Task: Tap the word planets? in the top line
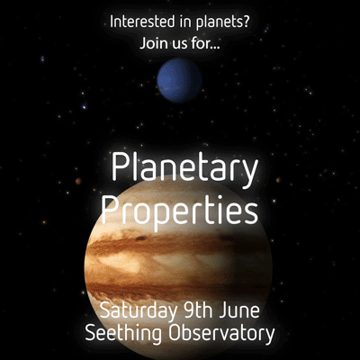[x=222, y=23]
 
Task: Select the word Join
[x=151, y=43]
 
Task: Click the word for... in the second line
[x=205, y=42]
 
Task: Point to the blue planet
[x=179, y=80]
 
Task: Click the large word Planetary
[x=184, y=169]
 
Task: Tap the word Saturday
[x=138, y=310]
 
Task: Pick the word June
[x=239, y=310]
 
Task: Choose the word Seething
[x=123, y=333]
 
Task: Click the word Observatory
[x=221, y=333]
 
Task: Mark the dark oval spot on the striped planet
[x=141, y=238]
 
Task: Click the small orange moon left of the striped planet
[x=78, y=181]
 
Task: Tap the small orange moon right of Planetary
[x=278, y=180]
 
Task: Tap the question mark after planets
[x=245, y=22]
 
